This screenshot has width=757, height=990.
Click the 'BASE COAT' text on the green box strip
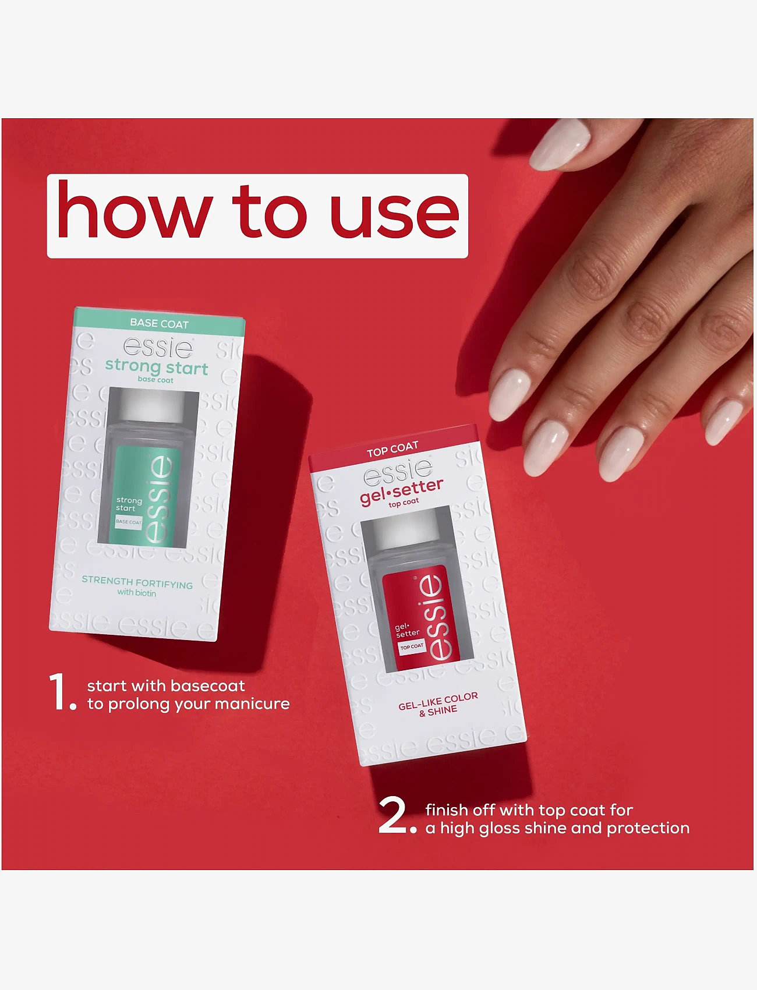pyautogui.click(x=159, y=323)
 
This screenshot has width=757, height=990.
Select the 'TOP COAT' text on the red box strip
pyautogui.click(x=392, y=449)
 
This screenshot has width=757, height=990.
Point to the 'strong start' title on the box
pyautogui.click(x=157, y=367)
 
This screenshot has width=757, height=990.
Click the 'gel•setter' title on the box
pyautogui.click(x=401, y=491)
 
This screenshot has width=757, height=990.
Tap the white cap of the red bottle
pyautogui.click(x=406, y=530)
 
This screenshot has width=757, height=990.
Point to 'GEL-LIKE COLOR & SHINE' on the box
pyautogui.click(x=438, y=703)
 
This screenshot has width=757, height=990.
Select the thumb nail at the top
pyautogui.click(x=560, y=144)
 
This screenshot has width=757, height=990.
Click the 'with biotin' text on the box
pyautogui.click(x=137, y=593)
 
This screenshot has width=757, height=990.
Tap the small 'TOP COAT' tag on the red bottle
pyautogui.click(x=412, y=646)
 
